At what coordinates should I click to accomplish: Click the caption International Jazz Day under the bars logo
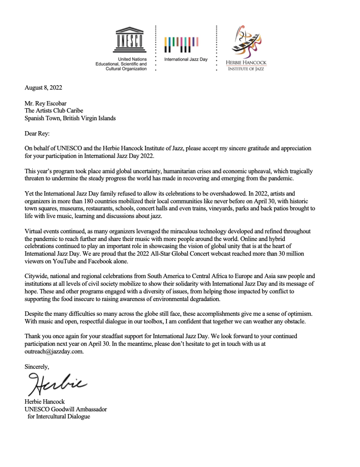point(183,58)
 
